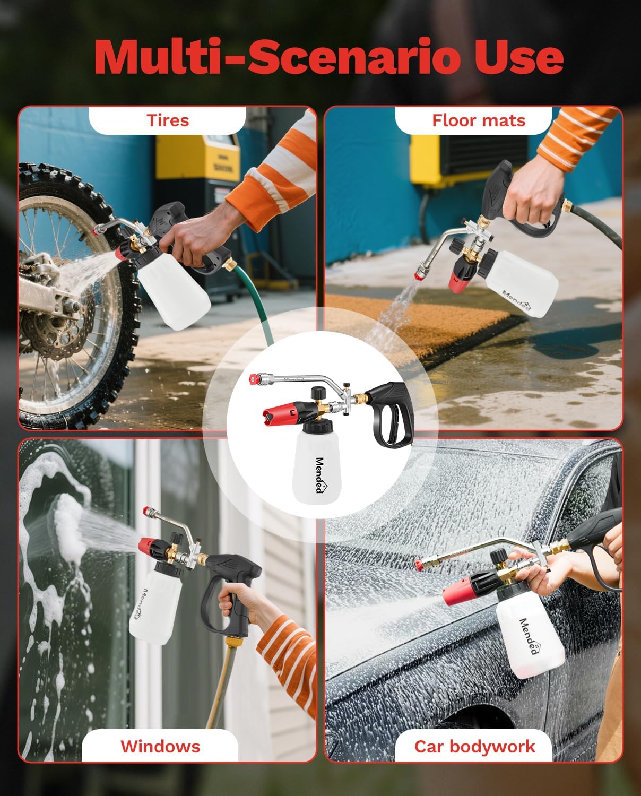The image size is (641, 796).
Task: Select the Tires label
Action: coord(168,120)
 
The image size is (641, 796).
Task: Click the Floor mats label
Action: coord(478,120)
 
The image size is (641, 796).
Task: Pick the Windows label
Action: coord(160,746)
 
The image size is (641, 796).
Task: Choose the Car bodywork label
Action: coord(474,746)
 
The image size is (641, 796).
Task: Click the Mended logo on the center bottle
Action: coord(320,475)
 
